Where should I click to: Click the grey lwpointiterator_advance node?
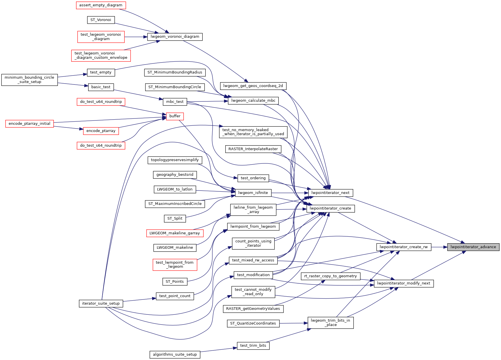[x=473, y=247]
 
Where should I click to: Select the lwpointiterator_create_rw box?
[x=404, y=247]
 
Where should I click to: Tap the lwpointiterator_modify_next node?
[x=403, y=283]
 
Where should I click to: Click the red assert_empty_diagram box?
[x=101, y=5]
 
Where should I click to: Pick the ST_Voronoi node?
[x=101, y=20]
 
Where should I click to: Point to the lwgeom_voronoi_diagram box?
[x=175, y=37]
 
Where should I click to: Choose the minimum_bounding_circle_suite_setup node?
[x=29, y=80]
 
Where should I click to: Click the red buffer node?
[x=175, y=116]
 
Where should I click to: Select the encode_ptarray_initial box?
[x=29, y=124]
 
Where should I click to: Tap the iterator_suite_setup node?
[x=101, y=304]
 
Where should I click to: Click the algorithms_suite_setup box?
[x=175, y=355]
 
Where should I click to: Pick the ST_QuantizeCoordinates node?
[x=253, y=323]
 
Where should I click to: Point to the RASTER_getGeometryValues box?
[x=253, y=309]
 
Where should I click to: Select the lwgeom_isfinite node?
[x=253, y=193]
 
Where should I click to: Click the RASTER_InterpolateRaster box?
[x=253, y=149]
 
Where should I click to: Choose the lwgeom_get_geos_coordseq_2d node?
[x=253, y=86]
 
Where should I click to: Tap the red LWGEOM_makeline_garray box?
[x=175, y=233]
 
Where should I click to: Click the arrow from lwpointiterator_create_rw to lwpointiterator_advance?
[x=439, y=247]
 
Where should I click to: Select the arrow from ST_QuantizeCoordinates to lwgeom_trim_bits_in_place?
[x=293, y=323]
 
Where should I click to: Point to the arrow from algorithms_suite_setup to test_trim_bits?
[x=218, y=350]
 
